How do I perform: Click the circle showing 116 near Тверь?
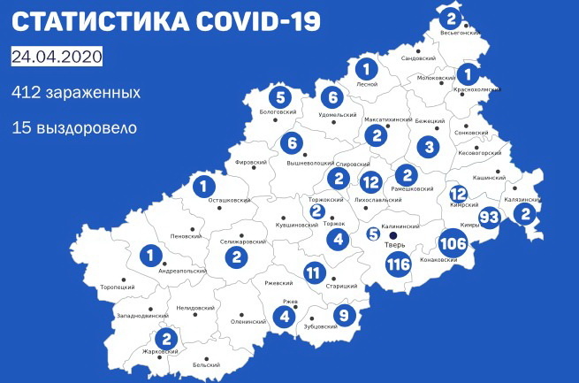coord(399,264)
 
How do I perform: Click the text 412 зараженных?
coord(76,92)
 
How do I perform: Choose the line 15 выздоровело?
coord(74,128)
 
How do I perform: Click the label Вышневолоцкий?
coord(311,164)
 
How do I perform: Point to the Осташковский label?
coord(228,201)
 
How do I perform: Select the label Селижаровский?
coord(241,241)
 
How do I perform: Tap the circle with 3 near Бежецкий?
coord(430,147)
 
